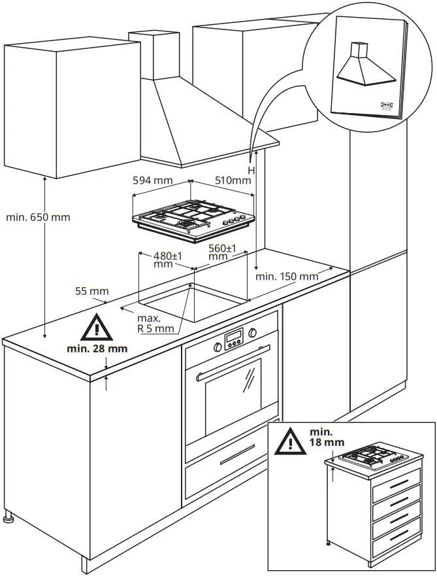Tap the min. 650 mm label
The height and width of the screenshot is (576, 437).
(x=38, y=217)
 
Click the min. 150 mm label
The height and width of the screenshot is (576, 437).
(x=287, y=277)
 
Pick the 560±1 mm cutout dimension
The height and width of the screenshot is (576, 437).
(x=222, y=252)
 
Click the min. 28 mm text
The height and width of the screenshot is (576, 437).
(x=97, y=348)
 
